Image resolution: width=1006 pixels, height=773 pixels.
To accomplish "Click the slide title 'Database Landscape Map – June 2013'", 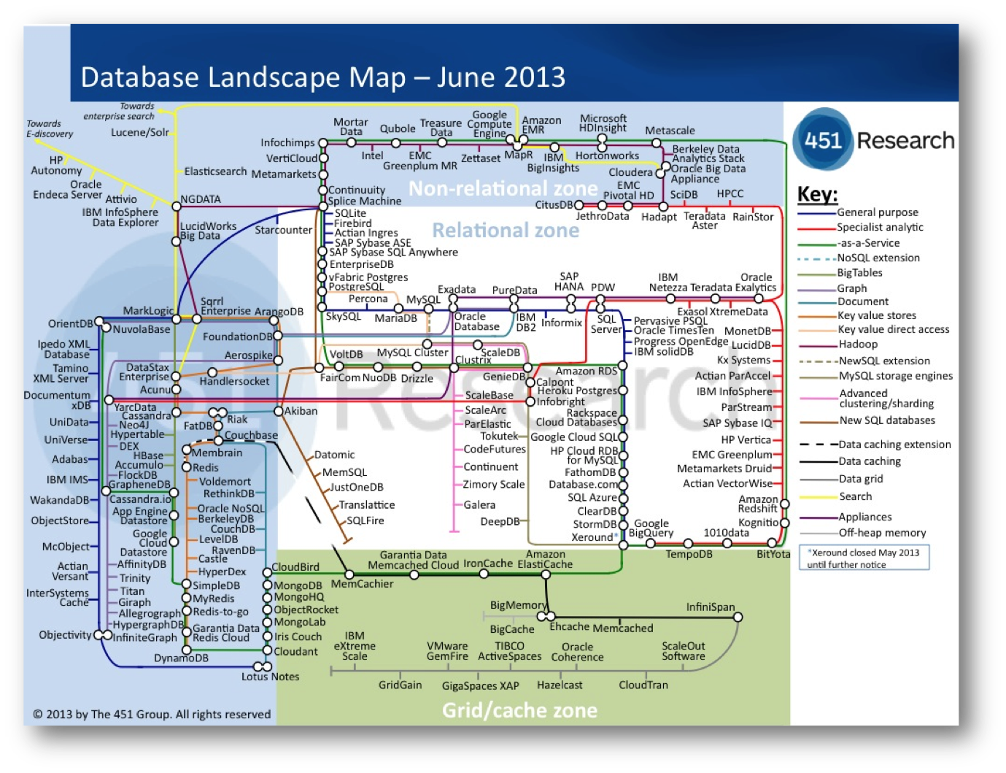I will (x=322, y=77).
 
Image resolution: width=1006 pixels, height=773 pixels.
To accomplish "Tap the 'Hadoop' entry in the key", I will (x=858, y=345).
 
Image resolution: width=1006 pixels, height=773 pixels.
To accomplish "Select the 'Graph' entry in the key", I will (x=852, y=288).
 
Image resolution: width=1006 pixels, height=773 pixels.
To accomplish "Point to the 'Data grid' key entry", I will (x=861, y=479).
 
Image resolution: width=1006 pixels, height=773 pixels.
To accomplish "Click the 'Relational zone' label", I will (x=506, y=231).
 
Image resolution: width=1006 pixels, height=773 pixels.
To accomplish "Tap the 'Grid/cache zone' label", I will (x=519, y=710).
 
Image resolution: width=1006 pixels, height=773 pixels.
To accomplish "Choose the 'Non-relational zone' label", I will (x=503, y=189).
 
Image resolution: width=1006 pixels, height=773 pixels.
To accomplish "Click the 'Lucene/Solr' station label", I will (x=140, y=132).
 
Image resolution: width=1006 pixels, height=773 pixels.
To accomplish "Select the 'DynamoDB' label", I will (x=181, y=658).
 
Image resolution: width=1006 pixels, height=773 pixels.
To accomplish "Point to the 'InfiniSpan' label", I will (x=710, y=607).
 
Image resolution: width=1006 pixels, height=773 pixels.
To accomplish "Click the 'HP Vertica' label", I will (x=746, y=440).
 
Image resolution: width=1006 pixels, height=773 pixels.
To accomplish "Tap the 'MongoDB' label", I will (x=298, y=585).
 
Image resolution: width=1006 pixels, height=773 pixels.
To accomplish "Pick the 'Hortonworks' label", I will (x=607, y=155).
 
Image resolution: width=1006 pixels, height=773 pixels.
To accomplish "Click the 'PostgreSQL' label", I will (x=356, y=287).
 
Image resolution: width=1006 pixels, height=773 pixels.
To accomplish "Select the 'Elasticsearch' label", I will (x=215, y=172).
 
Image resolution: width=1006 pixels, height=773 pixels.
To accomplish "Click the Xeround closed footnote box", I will (x=864, y=558).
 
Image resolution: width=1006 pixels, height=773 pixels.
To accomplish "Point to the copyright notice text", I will (x=152, y=715).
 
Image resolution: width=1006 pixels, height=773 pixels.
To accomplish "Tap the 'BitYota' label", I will (x=773, y=555).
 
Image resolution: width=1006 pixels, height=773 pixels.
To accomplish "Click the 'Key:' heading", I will (x=817, y=194).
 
